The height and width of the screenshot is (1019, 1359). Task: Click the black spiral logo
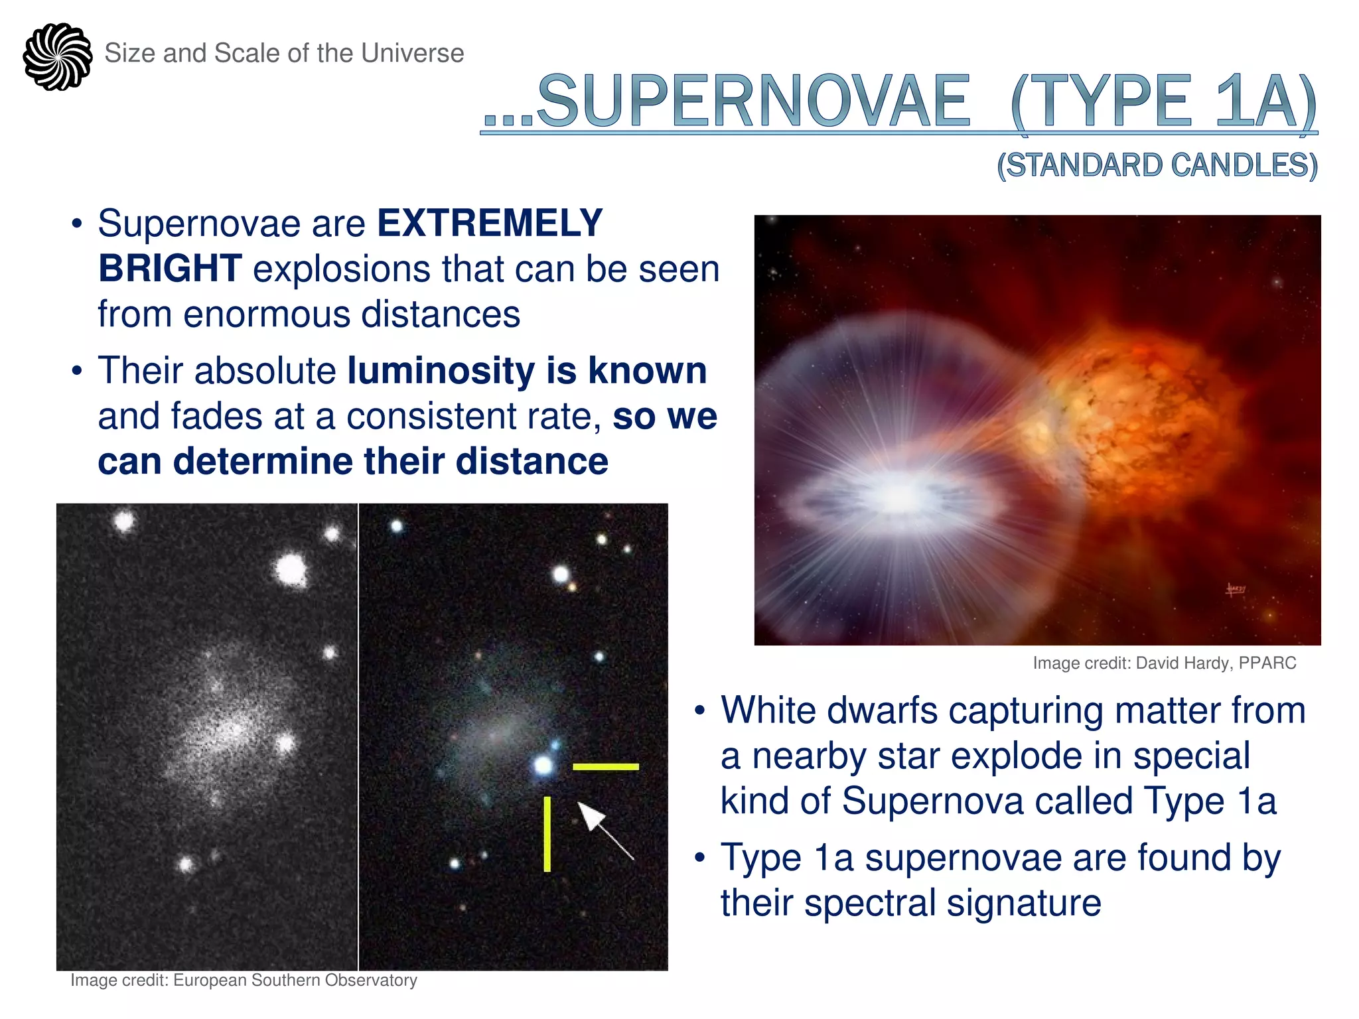pos(58,56)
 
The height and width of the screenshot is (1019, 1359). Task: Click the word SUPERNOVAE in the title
pos(753,102)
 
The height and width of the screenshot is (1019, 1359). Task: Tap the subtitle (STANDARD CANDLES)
pos(1157,165)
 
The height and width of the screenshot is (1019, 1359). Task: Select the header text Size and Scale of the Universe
pos(284,53)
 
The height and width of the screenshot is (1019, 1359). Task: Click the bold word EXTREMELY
pos(490,223)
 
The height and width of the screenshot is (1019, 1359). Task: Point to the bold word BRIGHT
pos(170,269)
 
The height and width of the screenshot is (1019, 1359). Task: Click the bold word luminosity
pos(441,370)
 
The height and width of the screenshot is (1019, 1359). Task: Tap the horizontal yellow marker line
pos(605,767)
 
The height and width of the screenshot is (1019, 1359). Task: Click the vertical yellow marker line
pos(547,834)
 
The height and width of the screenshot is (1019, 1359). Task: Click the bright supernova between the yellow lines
pos(543,766)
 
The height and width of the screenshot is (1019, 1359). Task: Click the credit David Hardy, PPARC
pos(1164,663)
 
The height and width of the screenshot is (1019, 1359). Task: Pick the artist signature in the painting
pos(1236,588)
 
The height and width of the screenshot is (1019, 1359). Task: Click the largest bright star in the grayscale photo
pos(291,570)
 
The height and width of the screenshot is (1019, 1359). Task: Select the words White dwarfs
pos(829,711)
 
